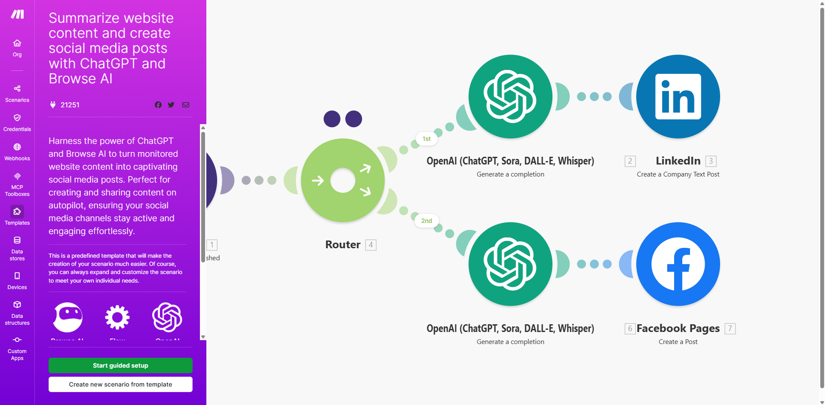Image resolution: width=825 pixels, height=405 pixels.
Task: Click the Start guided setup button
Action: (120, 365)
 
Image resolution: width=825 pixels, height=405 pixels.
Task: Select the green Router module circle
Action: (343, 180)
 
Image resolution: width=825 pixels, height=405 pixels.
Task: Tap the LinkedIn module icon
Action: (678, 97)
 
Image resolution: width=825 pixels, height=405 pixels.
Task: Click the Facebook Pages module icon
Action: (678, 264)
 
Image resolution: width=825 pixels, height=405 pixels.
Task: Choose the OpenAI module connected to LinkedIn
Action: (510, 97)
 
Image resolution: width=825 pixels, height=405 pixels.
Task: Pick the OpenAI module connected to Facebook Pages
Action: (510, 264)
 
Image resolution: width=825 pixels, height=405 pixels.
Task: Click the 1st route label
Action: (426, 139)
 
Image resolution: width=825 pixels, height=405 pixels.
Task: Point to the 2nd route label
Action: (426, 221)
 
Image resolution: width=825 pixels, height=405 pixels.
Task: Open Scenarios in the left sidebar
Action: (17, 93)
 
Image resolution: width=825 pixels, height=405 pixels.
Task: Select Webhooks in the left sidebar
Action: (17, 152)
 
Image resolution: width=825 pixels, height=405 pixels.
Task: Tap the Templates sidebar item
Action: (17, 216)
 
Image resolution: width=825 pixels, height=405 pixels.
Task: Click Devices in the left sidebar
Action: (17, 280)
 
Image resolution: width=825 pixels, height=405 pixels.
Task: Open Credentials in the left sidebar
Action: (17, 122)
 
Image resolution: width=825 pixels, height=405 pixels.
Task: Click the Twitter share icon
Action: (171, 105)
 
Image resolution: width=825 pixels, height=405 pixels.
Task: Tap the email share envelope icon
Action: (186, 105)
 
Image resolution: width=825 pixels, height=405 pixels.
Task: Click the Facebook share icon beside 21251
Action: (158, 105)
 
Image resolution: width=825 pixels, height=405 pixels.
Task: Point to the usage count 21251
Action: (70, 105)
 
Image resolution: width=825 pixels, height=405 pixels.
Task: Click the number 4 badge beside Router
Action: (371, 245)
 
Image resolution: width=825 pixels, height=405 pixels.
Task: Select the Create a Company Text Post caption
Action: (678, 174)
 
